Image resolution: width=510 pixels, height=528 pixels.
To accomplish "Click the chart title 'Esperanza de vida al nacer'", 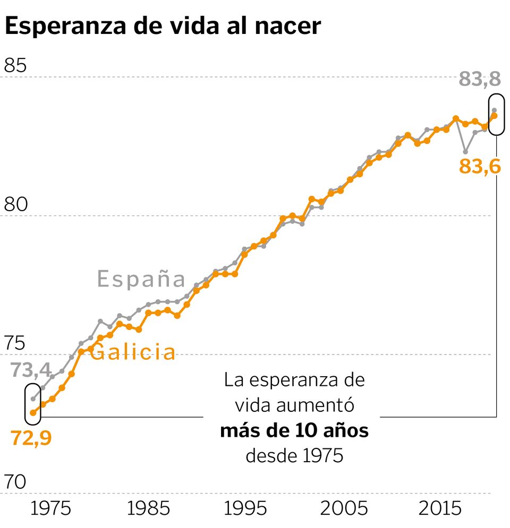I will pyautogui.click(x=163, y=26).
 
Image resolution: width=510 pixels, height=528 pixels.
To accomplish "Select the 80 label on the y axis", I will pyautogui.click(x=15, y=204).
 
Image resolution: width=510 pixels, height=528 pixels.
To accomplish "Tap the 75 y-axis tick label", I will pyautogui.click(x=15, y=343).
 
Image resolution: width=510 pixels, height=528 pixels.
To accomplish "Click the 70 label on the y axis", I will pyautogui.click(x=15, y=482).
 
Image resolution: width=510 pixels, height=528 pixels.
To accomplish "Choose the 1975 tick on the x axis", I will pyautogui.click(x=51, y=508).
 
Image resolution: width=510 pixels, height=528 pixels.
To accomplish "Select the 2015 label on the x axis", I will pyautogui.click(x=440, y=508).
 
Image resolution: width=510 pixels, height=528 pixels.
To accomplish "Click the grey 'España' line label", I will pyautogui.click(x=141, y=280).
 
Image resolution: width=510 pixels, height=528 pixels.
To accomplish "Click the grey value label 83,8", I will pyautogui.click(x=480, y=80).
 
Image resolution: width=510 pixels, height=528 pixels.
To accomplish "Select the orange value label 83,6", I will pyautogui.click(x=480, y=166).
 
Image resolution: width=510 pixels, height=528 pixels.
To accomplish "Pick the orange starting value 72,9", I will pyautogui.click(x=31, y=439).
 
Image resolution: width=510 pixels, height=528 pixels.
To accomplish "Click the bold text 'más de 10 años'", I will pyautogui.click(x=294, y=431).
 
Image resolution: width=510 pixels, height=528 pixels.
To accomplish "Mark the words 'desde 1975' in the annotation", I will pyautogui.click(x=294, y=455).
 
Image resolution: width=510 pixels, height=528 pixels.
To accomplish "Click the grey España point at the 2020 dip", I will pyautogui.click(x=465, y=152).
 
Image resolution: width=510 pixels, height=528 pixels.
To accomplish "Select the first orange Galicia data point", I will pyautogui.click(x=33, y=412).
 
